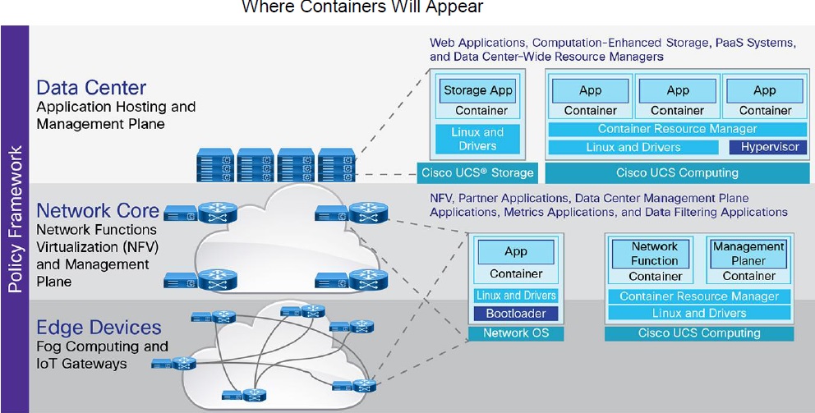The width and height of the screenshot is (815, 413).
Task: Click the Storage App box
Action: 477,90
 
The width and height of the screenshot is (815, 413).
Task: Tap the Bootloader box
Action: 516,314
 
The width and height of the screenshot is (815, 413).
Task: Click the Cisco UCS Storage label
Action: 477,173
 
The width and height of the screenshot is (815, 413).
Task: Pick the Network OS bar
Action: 515,333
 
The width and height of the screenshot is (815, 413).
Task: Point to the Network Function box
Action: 655,254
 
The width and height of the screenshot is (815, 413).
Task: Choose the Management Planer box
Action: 748,253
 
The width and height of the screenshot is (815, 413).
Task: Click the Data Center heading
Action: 91,88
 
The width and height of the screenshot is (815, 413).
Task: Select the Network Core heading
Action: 97,211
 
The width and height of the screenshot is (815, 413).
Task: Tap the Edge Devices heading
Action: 99,326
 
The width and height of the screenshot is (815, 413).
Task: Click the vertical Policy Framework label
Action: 14,219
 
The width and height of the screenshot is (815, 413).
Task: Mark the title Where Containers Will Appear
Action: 362,7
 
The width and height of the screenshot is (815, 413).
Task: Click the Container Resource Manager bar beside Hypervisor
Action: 677,129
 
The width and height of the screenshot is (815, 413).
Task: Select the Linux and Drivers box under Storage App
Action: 477,139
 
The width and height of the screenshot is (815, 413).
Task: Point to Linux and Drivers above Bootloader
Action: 516,296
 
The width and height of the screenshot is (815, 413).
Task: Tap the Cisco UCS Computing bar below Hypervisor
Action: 677,173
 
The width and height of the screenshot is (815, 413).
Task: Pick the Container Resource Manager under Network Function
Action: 699,296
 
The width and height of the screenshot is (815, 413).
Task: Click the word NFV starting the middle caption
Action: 441,198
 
